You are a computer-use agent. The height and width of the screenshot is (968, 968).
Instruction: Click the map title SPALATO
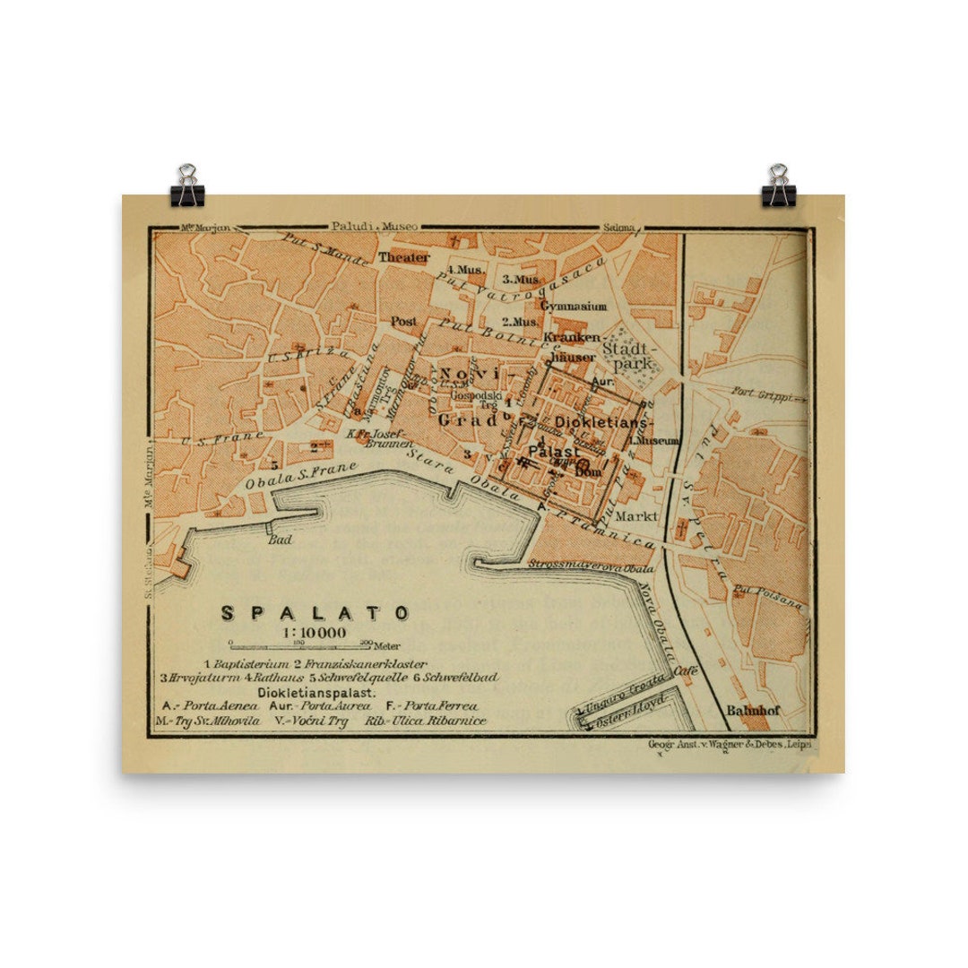tap(315, 613)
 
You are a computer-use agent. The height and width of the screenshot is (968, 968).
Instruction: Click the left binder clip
tap(188, 186)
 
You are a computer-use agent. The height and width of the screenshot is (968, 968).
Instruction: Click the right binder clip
tap(778, 186)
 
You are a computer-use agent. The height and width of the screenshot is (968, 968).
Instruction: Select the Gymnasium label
tap(574, 306)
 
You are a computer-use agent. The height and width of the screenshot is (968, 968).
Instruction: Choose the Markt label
tap(636, 516)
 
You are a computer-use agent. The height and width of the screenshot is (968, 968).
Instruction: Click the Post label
tap(404, 320)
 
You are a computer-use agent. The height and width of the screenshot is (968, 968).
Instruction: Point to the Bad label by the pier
tap(281, 540)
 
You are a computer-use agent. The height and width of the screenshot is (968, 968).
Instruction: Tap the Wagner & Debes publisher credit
tap(729, 744)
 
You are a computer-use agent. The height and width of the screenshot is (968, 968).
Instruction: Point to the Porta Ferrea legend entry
tap(432, 705)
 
